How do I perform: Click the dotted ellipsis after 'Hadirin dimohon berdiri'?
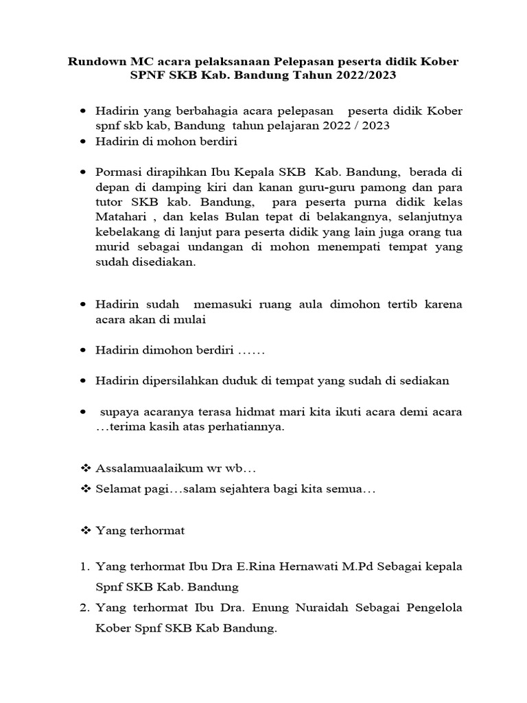(251, 350)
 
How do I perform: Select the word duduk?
(223, 380)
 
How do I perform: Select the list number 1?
(84, 566)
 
